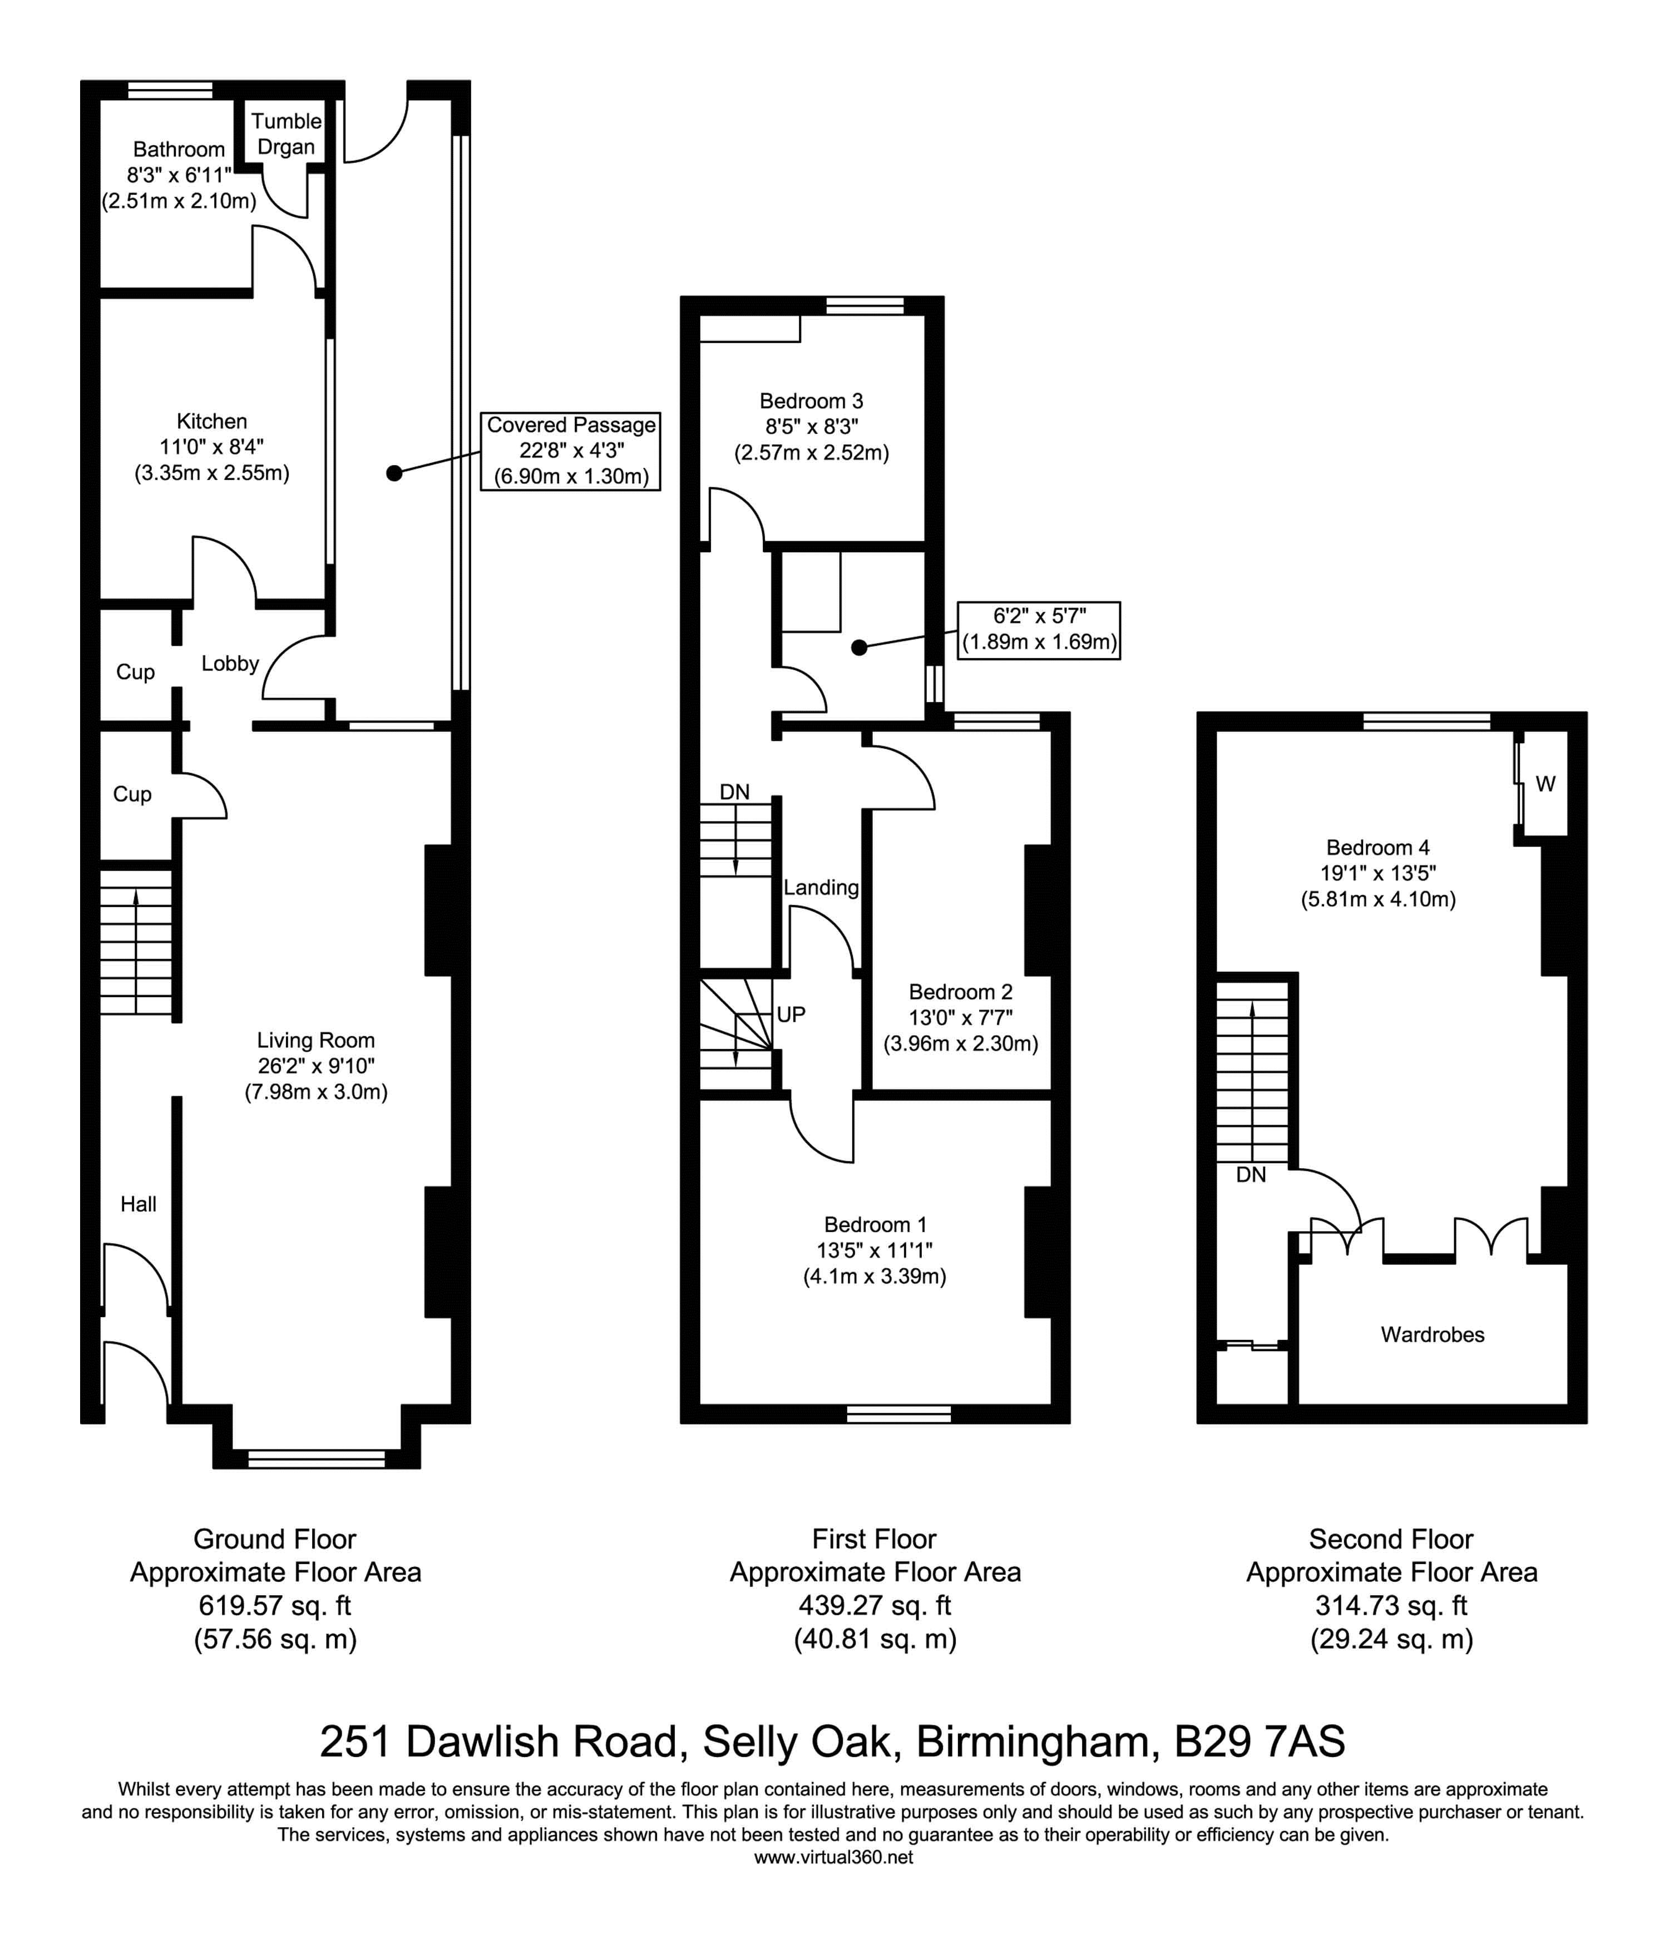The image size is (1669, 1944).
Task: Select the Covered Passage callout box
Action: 571,451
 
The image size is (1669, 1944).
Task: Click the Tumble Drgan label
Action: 286,133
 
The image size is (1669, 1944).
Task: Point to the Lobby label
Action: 230,664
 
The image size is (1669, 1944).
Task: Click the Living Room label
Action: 316,1040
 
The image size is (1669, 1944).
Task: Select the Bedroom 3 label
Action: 812,400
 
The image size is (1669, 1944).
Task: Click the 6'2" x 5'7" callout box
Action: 1039,630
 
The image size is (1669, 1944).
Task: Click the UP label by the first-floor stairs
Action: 791,1014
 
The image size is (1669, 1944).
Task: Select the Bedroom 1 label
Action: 875,1224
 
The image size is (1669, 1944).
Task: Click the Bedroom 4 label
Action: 1378,847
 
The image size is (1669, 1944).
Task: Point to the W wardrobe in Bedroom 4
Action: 1545,783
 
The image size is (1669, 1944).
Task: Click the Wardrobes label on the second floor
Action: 1433,1334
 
